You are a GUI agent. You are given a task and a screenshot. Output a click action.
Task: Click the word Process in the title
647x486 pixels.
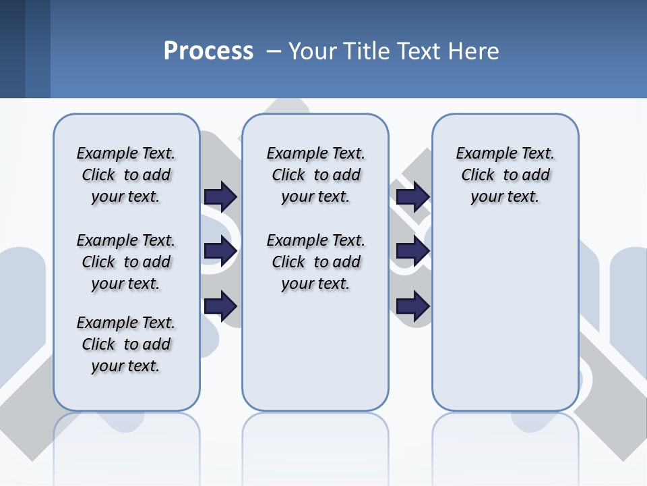click(208, 51)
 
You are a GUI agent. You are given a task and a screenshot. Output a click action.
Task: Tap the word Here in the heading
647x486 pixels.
click(476, 51)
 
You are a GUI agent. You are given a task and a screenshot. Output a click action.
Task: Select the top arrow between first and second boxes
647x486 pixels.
click(220, 196)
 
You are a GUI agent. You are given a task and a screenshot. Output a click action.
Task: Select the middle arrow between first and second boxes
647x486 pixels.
click(220, 252)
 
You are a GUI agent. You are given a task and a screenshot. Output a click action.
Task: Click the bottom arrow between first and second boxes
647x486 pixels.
click(220, 306)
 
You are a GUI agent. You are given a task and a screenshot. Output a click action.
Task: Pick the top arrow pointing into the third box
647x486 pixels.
click(412, 196)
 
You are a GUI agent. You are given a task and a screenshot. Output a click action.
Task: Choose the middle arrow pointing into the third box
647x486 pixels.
click(412, 252)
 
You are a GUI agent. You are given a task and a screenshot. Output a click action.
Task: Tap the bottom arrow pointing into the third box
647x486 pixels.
click(412, 306)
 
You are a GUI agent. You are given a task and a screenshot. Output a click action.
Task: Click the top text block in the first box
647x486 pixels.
click(126, 175)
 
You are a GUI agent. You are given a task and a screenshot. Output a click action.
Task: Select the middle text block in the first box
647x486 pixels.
click(126, 262)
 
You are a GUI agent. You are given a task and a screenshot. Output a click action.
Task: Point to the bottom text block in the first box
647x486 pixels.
click(126, 344)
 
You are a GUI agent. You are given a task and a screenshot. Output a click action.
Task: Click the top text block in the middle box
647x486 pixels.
click(315, 175)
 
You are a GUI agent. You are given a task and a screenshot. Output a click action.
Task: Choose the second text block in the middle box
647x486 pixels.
click(315, 262)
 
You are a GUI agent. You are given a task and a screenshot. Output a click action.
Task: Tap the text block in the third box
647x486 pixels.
click(505, 175)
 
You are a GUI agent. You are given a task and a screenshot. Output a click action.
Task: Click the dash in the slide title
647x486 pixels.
click(274, 51)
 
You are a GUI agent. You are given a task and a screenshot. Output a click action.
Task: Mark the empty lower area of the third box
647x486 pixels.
click(505, 317)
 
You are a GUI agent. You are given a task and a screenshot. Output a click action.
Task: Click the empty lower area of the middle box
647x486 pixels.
click(315, 351)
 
